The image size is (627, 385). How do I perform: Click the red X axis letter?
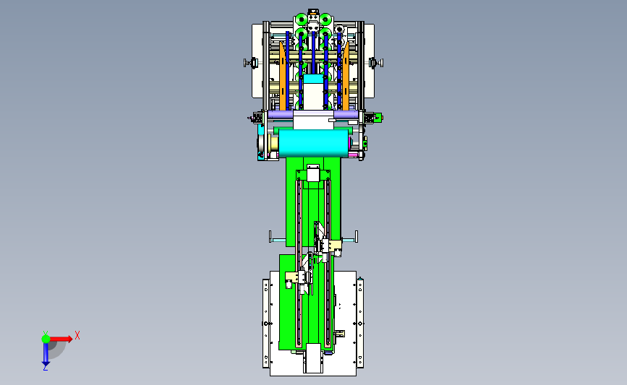(x=77, y=335)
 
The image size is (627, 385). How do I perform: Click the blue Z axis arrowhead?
(x=46, y=364)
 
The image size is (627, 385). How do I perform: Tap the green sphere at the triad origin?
(x=46, y=339)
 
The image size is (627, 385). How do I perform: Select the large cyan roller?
(x=313, y=142)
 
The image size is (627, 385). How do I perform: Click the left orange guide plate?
(x=283, y=76)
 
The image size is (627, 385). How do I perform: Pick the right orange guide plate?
(x=346, y=76)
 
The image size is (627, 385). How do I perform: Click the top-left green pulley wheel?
(x=301, y=19)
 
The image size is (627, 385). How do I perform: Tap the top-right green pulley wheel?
(x=325, y=19)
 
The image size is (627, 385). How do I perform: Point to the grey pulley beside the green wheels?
(x=339, y=29)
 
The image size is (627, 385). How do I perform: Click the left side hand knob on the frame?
(x=251, y=63)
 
